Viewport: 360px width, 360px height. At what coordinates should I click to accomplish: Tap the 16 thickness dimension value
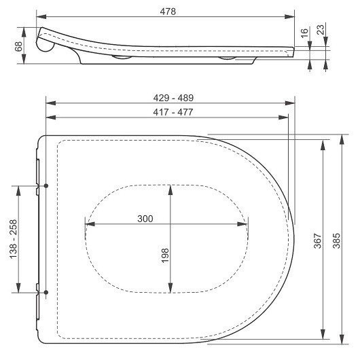pos(305,31)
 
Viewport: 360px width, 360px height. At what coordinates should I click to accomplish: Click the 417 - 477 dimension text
pos(166,113)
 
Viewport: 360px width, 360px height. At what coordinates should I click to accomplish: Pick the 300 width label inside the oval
pos(145,218)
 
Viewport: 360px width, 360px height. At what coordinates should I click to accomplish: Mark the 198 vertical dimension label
pos(165,255)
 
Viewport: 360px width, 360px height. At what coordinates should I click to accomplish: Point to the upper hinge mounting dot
pos(46,185)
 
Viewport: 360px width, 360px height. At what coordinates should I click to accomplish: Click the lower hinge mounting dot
pos(46,293)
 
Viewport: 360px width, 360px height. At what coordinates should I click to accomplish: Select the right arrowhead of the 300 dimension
pos(245,224)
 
